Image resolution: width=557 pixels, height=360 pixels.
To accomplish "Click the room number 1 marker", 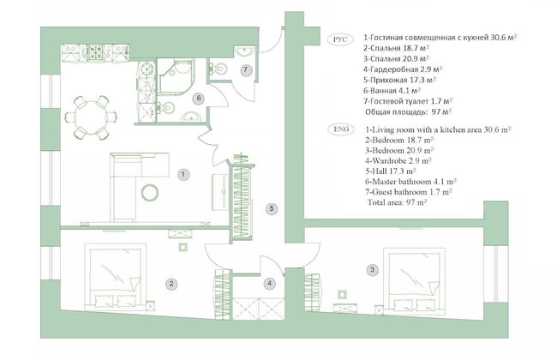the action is (183, 174).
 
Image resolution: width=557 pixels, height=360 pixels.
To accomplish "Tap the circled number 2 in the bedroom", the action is (171, 284).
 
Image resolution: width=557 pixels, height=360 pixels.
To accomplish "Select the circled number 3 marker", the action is (372, 269).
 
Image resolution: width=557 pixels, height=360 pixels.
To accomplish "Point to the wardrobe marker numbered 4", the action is (269, 283).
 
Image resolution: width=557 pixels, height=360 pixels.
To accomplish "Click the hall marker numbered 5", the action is (272, 208).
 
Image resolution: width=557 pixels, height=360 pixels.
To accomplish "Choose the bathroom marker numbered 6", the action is (199, 98).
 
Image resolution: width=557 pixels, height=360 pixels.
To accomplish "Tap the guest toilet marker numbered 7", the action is (245, 69).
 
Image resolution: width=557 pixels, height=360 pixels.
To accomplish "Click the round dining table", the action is (91, 117).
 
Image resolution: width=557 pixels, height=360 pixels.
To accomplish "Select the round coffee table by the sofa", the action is (150, 193).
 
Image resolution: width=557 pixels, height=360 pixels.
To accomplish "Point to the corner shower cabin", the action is (177, 77).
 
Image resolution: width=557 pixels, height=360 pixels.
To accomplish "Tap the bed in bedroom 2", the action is (116, 277).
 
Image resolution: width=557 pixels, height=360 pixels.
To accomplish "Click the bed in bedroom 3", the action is (414, 281).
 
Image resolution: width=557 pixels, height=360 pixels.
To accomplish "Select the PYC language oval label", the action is (340, 39).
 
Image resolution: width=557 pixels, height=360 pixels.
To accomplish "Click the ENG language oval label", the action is (341, 129).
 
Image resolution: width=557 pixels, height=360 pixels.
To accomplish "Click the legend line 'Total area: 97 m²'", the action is (397, 202).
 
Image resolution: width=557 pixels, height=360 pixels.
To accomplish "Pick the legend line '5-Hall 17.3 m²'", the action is (391, 171).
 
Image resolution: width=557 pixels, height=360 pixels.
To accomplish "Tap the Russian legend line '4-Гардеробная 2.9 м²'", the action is (403, 69).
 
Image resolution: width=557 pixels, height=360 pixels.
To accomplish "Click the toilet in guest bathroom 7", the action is (220, 68).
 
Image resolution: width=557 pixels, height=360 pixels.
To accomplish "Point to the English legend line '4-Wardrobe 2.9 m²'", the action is (398, 160).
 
